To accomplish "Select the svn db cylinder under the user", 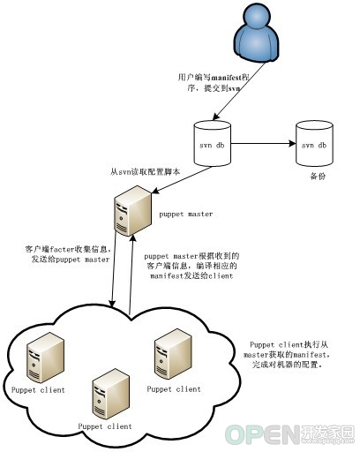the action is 212,143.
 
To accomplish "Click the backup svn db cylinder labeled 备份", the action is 314,143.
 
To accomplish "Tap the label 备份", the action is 318,177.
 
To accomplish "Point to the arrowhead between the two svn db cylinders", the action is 292,144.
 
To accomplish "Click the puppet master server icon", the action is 132,210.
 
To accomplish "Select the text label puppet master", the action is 186,215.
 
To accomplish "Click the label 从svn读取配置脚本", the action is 146,172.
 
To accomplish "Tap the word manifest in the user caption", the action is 226,78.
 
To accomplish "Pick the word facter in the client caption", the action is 62,250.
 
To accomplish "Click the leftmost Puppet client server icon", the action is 45,358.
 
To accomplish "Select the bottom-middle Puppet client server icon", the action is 111,394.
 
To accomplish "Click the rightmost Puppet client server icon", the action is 173,354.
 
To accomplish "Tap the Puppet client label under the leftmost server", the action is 38,390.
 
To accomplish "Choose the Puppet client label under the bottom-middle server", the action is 105,426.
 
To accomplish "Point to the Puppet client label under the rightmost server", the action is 174,389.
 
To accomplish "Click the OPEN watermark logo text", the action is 263,434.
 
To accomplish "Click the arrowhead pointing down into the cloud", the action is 111,304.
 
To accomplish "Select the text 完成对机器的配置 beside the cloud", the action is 285,365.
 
